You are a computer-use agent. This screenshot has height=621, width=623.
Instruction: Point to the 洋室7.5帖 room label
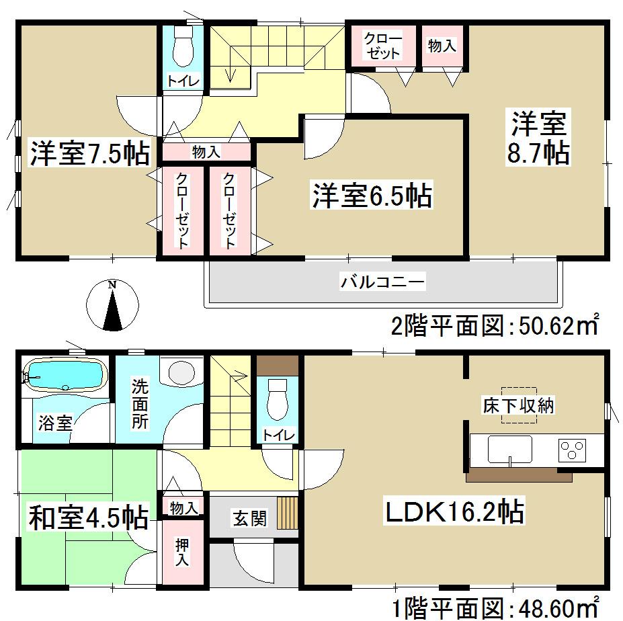point(89,153)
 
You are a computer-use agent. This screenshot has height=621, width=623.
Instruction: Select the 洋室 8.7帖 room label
point(540,138)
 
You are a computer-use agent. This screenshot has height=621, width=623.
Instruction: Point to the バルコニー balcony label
point(382,282)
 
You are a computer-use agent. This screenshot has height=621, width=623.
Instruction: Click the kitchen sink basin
point(509,448)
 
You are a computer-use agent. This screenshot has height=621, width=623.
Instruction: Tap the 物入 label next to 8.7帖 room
point(442,46)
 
